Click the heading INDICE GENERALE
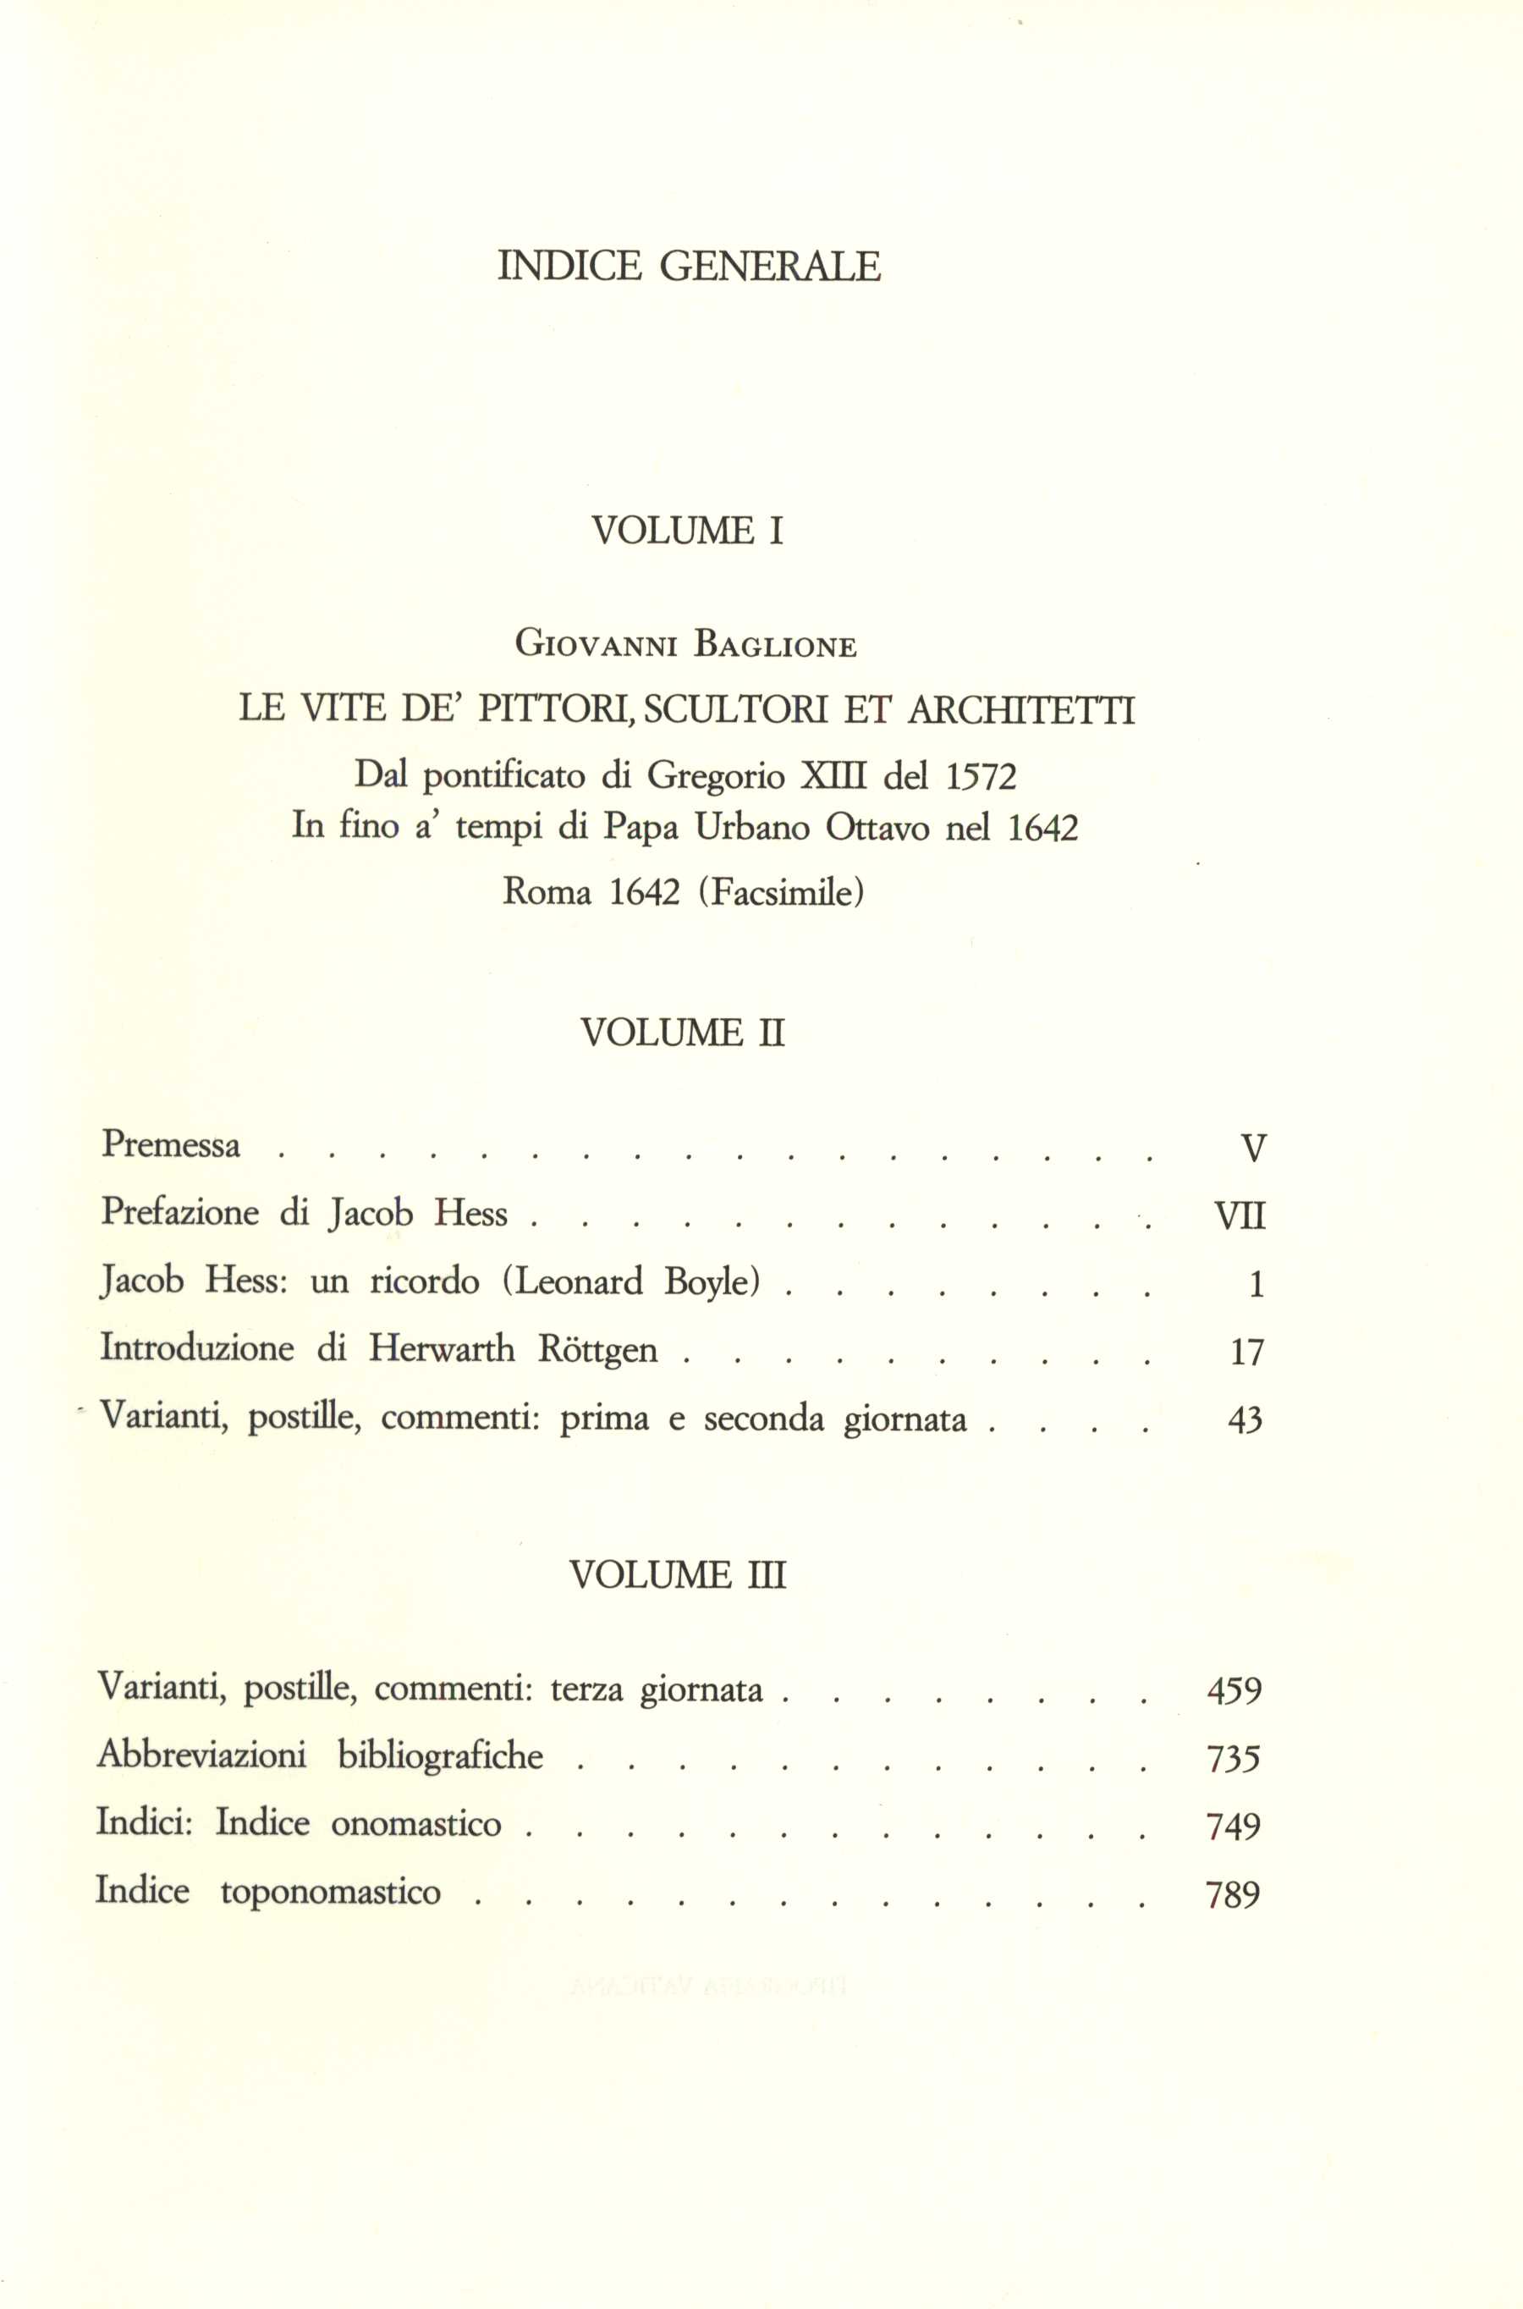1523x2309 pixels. point(689,265)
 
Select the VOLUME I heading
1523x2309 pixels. point(687,531)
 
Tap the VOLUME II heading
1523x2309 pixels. point(682,1032)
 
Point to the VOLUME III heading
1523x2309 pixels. point(678,1574)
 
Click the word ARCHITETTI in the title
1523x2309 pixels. point(1021,711)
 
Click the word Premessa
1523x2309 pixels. point(171,1144)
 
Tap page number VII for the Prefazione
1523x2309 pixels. point(1240,1215)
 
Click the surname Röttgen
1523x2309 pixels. point(597,1350)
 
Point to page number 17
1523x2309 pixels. point(1246,1353)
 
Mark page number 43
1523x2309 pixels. point(1245,1421)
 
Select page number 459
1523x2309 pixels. point(1234,1691)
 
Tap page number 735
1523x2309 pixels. point(1234,1759)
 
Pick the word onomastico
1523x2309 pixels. point(415,1823)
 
